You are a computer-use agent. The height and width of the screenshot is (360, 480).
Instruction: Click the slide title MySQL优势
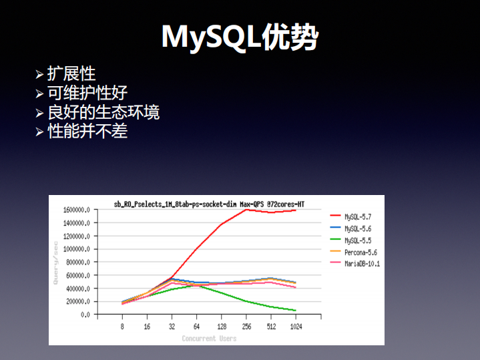[240, 38]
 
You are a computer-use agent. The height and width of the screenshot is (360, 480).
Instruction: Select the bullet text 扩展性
[71, 74]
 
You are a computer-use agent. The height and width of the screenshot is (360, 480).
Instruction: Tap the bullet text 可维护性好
[87, 93]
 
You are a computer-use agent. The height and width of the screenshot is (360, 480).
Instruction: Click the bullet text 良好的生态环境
[103, 112]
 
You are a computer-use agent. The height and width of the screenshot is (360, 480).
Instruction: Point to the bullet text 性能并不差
[87, 131]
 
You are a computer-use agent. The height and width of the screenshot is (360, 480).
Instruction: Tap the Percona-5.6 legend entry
[361, 252]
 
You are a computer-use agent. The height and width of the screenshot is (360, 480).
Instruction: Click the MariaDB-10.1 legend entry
[361, 263]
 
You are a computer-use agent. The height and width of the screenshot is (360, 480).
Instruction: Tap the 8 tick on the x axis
[122, 327]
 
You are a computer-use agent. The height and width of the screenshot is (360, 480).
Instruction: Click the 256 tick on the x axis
[246, 327]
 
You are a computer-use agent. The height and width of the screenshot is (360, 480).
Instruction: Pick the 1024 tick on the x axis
[295, 327]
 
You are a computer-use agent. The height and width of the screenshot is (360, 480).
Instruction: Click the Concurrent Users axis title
[209, 339]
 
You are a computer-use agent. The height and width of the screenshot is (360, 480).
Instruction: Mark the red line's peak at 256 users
[246, 210]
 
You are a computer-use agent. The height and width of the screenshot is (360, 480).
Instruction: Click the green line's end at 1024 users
[295, 311]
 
